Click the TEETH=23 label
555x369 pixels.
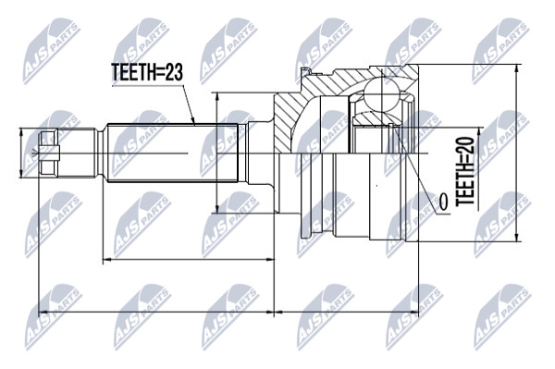tap(147, 72)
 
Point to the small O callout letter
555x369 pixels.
tap(443, 201)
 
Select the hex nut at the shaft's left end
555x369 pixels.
tap(49, 153)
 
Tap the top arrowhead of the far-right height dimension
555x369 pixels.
tap(517, 69)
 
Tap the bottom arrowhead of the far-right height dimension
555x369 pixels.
tap(517, 237)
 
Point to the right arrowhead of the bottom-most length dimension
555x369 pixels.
tap(413, 312)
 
